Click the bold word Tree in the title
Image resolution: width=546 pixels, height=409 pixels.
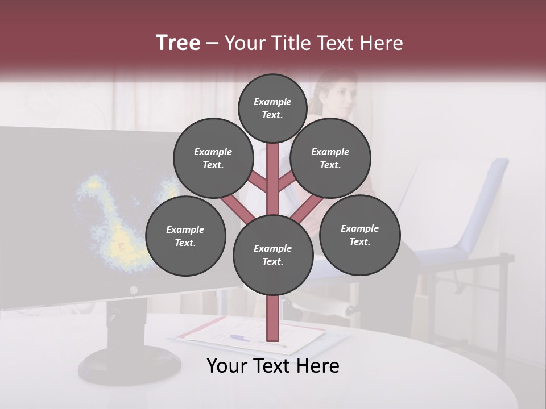pos(178,43)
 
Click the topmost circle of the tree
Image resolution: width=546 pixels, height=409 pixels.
pos(272,108)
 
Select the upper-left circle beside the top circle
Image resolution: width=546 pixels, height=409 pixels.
pos(213,158)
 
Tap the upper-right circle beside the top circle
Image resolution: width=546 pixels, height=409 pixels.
pos(330,158)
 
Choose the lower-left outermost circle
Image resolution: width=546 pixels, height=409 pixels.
pos(185,236)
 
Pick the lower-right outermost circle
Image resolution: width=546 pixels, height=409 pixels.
pos(359,235)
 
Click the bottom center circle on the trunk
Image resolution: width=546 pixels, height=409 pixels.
pos(272,255)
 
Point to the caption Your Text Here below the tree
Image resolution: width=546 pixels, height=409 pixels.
pos(272,366)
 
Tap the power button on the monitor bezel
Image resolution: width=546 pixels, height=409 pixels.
pos(134,290)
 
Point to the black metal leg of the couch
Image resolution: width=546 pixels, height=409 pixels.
pos(503,307)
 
